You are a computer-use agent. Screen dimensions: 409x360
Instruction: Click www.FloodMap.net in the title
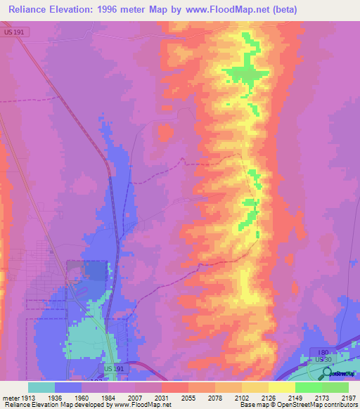pyautogui.click(x=229, y=9)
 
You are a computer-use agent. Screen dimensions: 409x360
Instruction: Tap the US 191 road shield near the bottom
pyautogui.click(x=113, y=368)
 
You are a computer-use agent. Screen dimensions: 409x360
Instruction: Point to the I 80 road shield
pyautogui.click(x=323, y=351)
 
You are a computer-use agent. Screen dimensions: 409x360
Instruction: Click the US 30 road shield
pyautogui.click(x=323, y=359)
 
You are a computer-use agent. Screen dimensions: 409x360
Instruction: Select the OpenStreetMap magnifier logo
pyautogui.click(x=326, y=372)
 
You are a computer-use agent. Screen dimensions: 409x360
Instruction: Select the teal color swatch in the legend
pyautogui.click(x=41, y=387)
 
